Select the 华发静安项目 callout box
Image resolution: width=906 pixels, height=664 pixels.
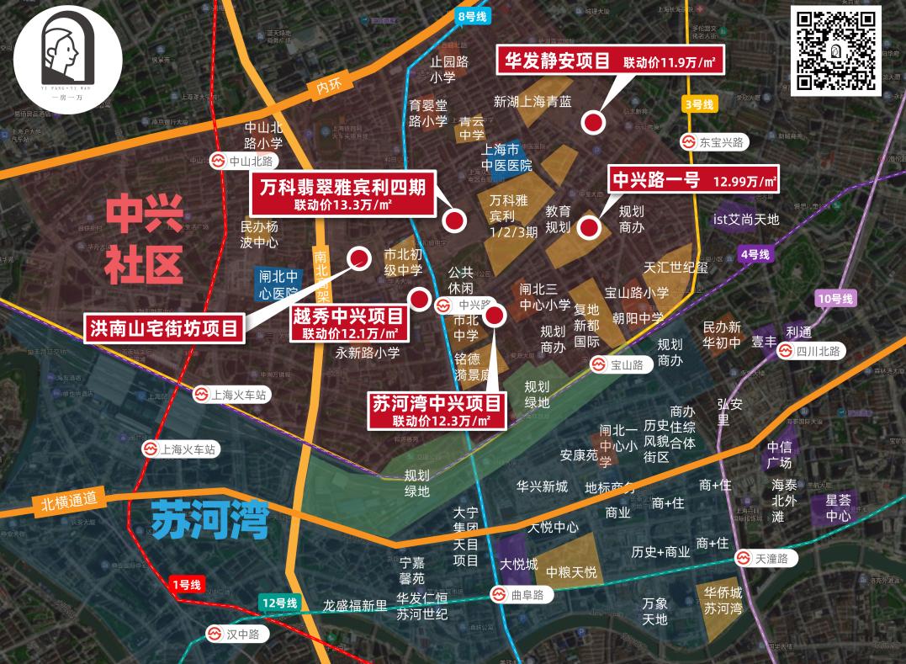pos(610,61)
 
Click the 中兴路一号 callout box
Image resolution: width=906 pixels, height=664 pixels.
pos(694,179)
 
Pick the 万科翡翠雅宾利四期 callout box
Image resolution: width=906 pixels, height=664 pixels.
pos(342,194)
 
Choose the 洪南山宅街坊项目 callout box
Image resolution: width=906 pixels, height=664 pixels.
pos(164,328)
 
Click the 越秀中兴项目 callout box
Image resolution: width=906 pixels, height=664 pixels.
pos(348,323)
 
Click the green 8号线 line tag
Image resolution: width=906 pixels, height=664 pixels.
pos(472,16)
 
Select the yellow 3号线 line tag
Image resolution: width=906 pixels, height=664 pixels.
pos(698,105)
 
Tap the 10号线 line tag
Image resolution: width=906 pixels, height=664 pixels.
pos(834,299)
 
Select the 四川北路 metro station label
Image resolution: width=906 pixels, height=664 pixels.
pos(811,352)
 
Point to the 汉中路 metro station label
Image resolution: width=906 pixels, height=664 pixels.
pos(236,635)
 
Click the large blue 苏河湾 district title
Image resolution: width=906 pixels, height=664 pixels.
pos(209,519)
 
